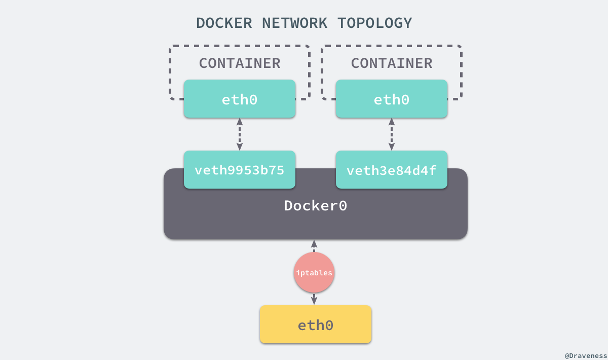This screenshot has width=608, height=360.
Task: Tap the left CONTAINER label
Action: pos(239,63)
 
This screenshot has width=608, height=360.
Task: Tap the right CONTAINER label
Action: pos(392,63)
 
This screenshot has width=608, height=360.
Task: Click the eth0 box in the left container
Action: pos(239,99)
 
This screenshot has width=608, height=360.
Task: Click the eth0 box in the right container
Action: pos(392,99)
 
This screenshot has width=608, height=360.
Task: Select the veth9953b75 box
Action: pos(239,170)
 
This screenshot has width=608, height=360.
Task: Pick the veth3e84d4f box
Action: pos(392,170)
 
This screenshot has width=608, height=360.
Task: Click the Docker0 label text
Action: pos(315,206)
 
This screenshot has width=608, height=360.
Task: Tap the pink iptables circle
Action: pos(314,273)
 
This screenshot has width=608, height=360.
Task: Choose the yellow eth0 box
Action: pos(315,325)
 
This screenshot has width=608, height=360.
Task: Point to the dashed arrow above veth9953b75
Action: pos(239,134)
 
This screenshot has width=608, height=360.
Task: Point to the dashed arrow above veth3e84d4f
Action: pos(392,134)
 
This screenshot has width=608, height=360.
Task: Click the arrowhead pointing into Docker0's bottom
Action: pos(314,243)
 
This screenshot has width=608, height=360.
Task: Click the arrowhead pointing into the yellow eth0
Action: pos(314,301)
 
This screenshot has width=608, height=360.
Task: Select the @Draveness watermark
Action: pos(585,355)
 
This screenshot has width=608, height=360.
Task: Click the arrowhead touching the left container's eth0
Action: pos(239,122)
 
